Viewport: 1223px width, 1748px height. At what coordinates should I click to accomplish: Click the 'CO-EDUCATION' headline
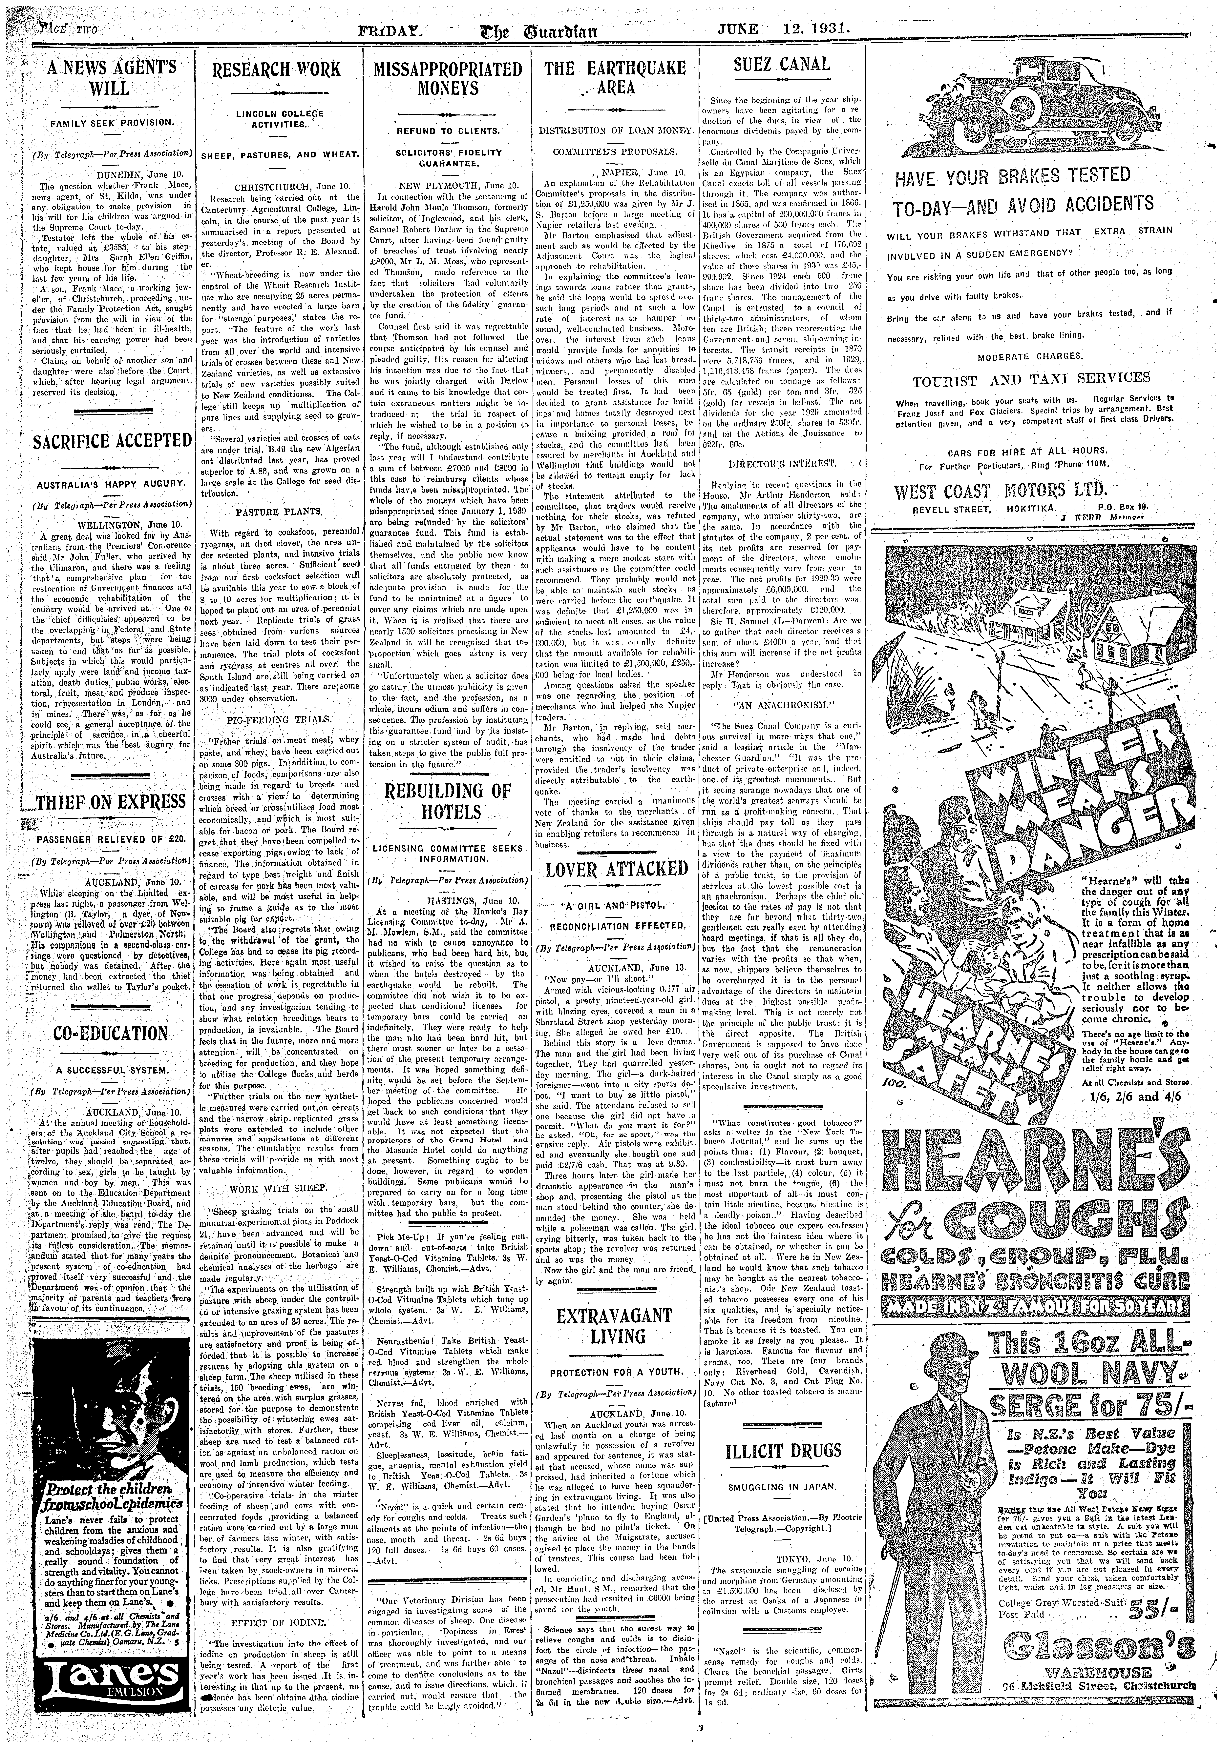pyautogui.click(x=110, y=1033)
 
